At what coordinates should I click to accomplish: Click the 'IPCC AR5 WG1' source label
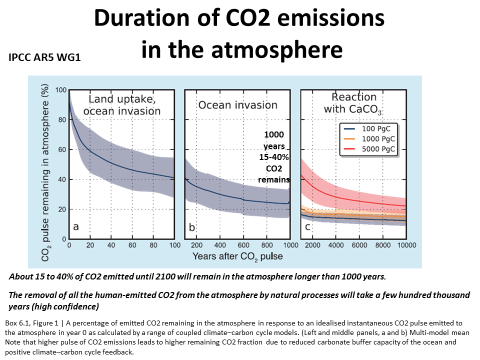45,58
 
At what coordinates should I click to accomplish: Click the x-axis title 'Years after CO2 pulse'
237,256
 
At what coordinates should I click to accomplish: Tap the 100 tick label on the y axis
60,90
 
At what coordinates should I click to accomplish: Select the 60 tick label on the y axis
62,149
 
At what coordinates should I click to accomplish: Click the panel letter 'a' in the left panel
76,227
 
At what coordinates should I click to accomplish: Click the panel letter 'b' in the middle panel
191,227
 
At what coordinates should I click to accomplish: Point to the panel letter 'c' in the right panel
307,227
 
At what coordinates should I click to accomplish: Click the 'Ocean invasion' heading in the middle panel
237,105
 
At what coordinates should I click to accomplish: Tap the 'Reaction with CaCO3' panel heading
350,103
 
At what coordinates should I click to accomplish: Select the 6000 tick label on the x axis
359,245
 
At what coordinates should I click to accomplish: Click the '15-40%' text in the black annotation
273,157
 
